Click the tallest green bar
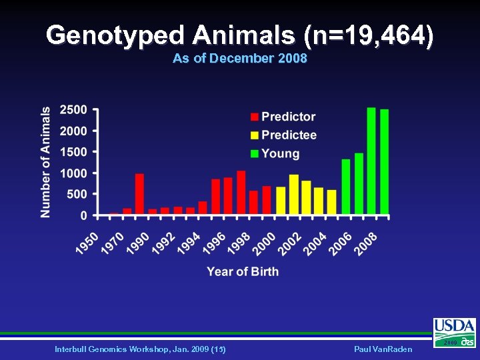click(x=371, y=161)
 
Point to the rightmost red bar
click(x=267, y=201)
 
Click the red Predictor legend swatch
click(x=255, y=117)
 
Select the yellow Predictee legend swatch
click(x=255, y=135)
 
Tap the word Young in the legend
click(x=280, y=154)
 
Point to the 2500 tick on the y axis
click(x=73, y=109)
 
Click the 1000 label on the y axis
click(x=73, y=173)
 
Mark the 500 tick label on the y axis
click(x=77, y=195)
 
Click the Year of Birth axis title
click(x=243, y=271)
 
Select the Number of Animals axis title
click(x=45, y=162)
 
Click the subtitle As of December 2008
click(x=239, y=59)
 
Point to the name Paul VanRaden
click(x=385, y=349)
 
